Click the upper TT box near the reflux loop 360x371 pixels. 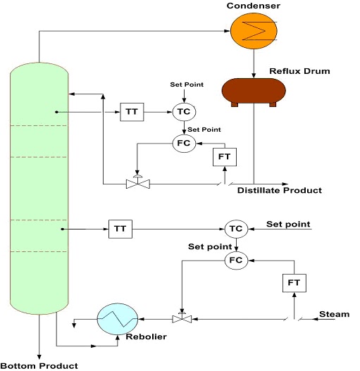(130, 112)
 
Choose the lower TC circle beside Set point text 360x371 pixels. (235, 228)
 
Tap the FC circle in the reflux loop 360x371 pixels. (183, 143)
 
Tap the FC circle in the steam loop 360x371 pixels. (235, 260)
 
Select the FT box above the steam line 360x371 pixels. (294, 284)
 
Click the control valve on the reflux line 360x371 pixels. (134, 184)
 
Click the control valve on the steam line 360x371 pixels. (182, 318)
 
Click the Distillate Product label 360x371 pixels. (279, 191)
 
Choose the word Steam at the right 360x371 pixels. (334, 314)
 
